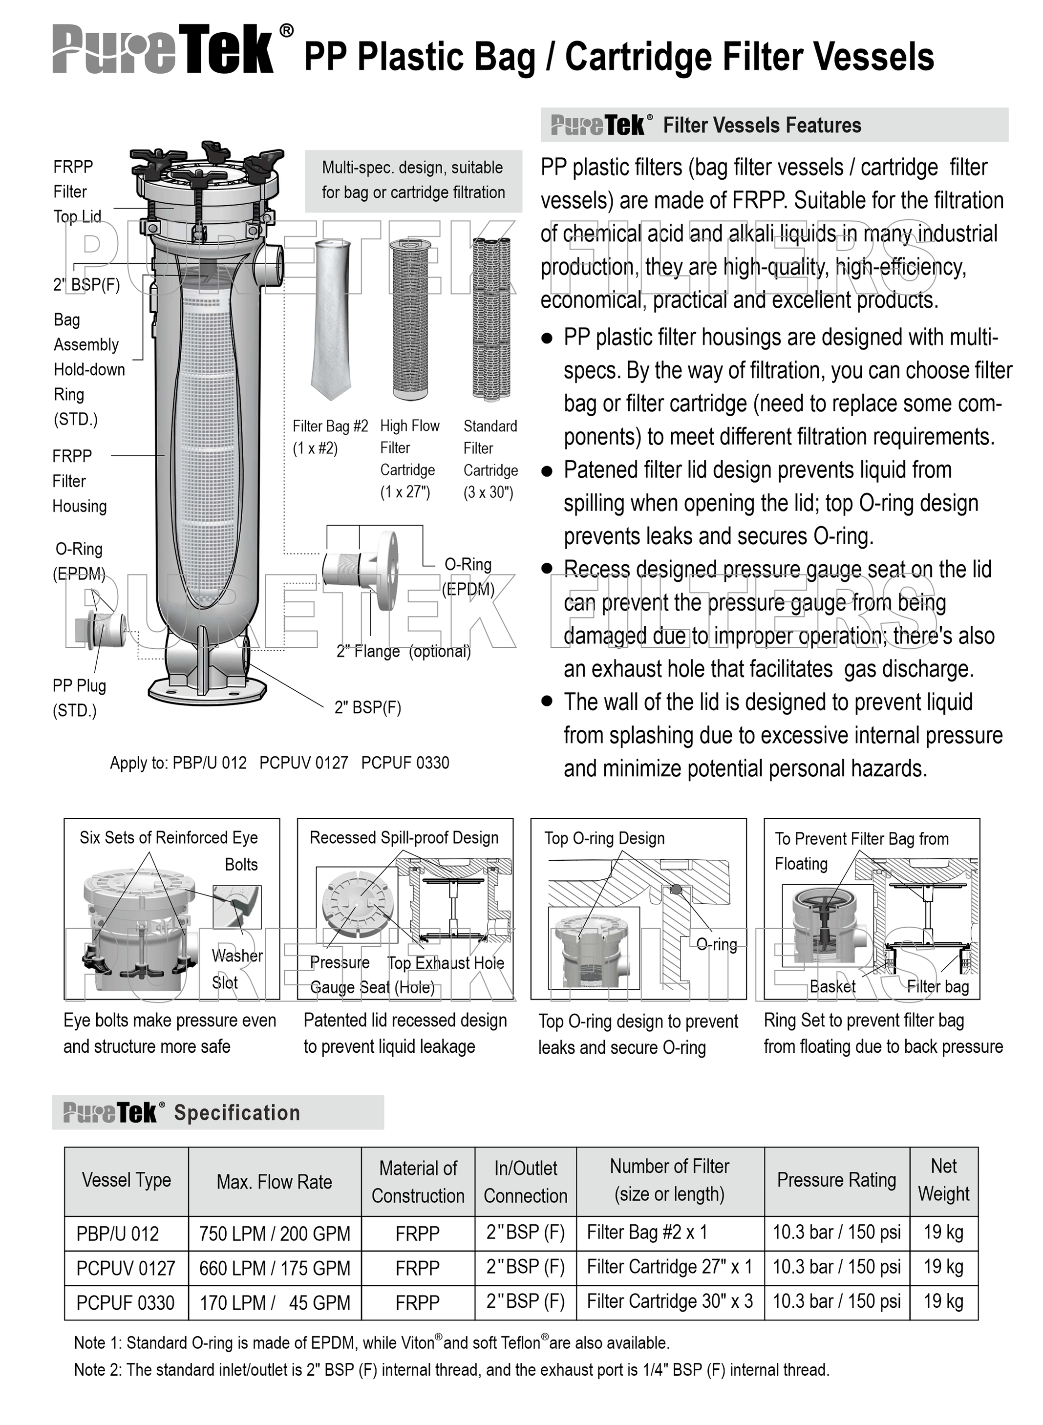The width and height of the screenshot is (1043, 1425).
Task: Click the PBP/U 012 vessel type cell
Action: click(118, 1233)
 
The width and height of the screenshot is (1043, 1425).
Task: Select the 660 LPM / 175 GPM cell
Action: click(275, 1268)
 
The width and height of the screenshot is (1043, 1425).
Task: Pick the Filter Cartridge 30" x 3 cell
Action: click(669, 1301)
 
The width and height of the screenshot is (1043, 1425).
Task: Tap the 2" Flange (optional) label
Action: click(404, 651)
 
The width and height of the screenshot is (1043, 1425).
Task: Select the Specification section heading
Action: click(237, 1112)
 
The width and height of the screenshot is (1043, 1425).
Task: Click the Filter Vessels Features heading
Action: click(762, 125)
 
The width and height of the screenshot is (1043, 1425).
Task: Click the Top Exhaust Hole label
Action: click(446, 963)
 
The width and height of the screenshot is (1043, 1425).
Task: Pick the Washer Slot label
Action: click(235, 969)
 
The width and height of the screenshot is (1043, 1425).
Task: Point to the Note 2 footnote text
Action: click(451, 1369)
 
